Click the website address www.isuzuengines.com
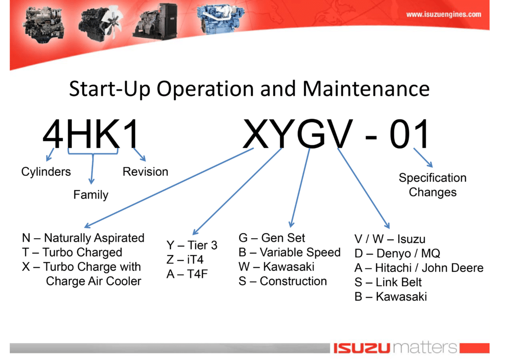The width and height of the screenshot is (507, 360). pos(443,14)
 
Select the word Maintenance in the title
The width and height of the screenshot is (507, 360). pos(366,89)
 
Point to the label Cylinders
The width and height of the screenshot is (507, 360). pos(46,171)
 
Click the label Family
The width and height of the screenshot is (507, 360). pos(91,195)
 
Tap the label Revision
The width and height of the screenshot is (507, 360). pos(146,171)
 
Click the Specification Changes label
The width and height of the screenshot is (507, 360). pos(433,185)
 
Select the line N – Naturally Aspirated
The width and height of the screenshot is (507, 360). pos(83,238)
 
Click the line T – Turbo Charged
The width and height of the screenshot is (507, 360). pos(72,252)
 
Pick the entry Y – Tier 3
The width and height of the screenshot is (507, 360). pos(192,245)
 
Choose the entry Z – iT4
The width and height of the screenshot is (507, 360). pos(185,259)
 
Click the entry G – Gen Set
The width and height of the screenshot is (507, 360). pos(272,238)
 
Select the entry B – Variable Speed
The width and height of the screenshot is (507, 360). pos(290,252)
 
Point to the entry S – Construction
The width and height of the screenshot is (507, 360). pos(283,281)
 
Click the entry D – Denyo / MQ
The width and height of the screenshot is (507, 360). pos(398,253)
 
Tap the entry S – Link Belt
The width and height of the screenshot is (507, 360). pos(388,282)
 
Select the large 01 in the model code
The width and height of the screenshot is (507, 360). pos(409,134)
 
